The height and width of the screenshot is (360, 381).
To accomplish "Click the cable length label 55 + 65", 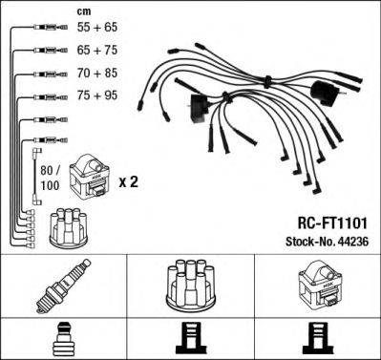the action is tap(97, 28).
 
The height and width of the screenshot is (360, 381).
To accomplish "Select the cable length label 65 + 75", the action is tap(97, 51).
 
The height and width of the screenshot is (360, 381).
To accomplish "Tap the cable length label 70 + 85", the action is tap(97, 74).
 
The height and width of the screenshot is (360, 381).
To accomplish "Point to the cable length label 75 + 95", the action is tap(97, 95).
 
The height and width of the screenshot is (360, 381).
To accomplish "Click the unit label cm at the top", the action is tap(84, 11).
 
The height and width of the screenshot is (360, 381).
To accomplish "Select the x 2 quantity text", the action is tap(129, 182).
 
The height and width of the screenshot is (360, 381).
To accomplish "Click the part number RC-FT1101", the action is tap(332, 223).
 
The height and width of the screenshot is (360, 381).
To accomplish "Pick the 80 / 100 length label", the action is tap(50, 178).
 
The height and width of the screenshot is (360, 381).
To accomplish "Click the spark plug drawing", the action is tap(63, 286).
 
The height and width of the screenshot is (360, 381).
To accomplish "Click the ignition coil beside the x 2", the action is tap(90, 178).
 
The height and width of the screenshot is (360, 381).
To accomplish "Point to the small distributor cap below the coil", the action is tap(69, 227).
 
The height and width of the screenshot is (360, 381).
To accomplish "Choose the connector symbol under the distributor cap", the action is tap(191, 339).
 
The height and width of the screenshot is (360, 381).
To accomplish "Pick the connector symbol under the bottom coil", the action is tap(318, 339).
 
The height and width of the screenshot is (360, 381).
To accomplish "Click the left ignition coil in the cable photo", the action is tap(199, 108).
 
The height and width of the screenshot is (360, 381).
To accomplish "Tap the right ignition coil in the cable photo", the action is tap(326, 94).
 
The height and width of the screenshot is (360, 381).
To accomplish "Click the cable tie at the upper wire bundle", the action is tap(267, 81).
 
